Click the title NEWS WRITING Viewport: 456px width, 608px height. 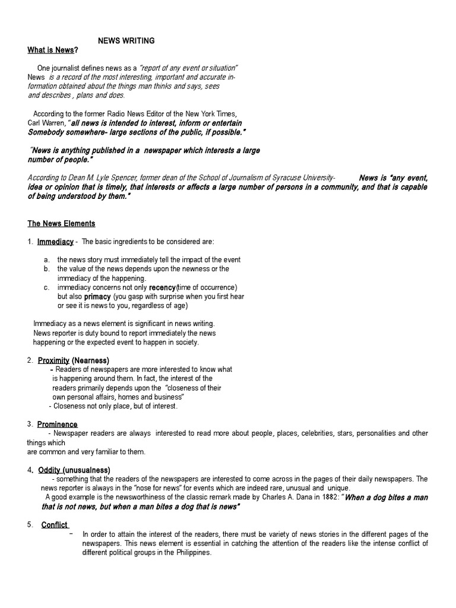pos(126,40)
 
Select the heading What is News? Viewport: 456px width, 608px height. pos(53,50)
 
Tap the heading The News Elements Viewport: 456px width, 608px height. pos(61,224)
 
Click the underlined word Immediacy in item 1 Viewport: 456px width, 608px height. pos(55,242)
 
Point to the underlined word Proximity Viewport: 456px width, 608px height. pos(53,360)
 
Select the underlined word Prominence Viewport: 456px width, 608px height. pos(57,424)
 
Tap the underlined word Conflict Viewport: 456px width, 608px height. pos(55,524)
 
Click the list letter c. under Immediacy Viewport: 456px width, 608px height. pos(46,287)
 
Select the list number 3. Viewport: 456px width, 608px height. pos(29,424)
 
